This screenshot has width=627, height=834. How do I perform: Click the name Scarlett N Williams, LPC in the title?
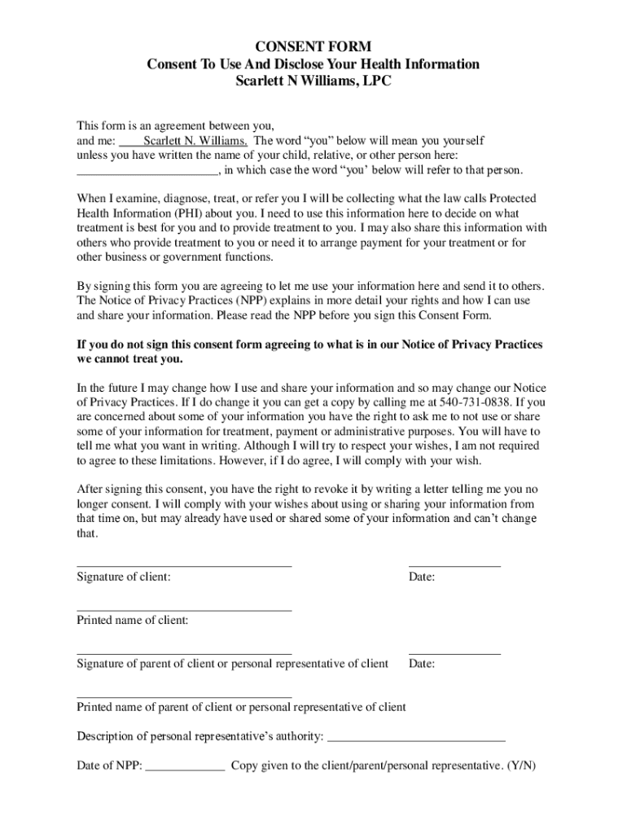coord(313,81)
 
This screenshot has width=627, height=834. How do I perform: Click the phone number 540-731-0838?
coord(467,402)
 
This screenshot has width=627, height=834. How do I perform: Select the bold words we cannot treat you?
coord(130,359)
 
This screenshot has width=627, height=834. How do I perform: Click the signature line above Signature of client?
coord(184,564)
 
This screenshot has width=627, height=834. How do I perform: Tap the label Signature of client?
coord(124,577)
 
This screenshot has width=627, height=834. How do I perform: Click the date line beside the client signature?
coord(454,564)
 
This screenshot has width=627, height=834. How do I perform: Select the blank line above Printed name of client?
coord(184,608)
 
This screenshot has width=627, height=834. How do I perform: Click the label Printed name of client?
coord(133,621)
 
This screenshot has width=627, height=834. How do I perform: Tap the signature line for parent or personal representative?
coord(184,652)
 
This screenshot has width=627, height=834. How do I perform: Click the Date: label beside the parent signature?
coord(422,665)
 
